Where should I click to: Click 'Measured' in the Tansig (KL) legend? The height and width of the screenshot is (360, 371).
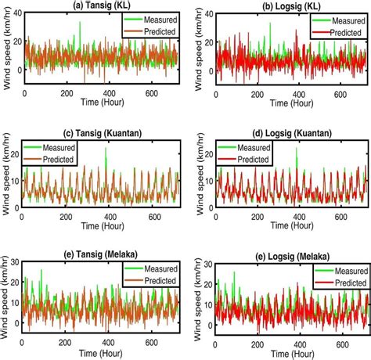[155, 16]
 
